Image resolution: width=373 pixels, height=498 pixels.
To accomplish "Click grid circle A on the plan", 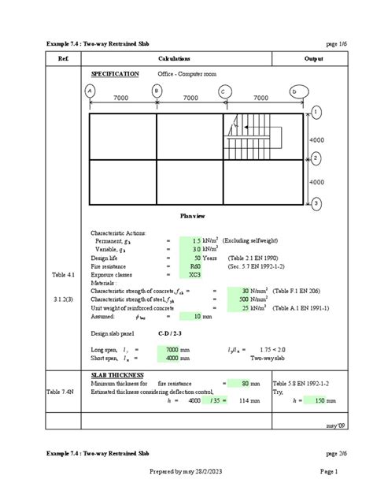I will pyautogui.click(x=90, y=91).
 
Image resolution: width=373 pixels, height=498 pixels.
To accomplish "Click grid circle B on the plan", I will pyautogui.click(x=157, y=91).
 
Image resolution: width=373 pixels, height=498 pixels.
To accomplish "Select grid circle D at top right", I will pyautogui.click(x=294, y=92).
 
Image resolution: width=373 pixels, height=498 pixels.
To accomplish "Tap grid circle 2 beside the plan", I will pyautogui.click(x=315, y=158).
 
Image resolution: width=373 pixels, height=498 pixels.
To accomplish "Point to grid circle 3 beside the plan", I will pyautogui.click(x=315, y=203).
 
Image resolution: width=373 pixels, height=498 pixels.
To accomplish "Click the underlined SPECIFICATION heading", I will pyautogui.click(x=116, y=73).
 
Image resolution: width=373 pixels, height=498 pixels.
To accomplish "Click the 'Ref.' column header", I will pyautogui.click(x=68, y=59).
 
